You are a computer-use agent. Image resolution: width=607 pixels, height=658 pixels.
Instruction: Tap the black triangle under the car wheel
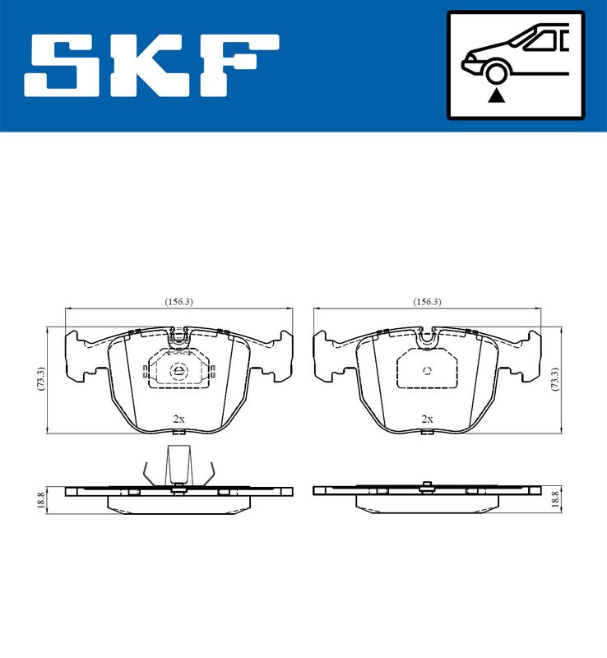click(496, 96)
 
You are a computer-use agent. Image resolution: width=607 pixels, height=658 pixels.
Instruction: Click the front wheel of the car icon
click(496, 72)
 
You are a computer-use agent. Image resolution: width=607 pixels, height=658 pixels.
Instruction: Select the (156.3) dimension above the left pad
click(178, 302)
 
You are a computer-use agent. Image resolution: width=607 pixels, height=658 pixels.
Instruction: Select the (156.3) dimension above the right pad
click(427, 302)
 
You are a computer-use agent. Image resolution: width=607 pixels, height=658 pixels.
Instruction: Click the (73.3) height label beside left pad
click(40, 379)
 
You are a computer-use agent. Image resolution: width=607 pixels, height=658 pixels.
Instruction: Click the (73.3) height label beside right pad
click(555, 379)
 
